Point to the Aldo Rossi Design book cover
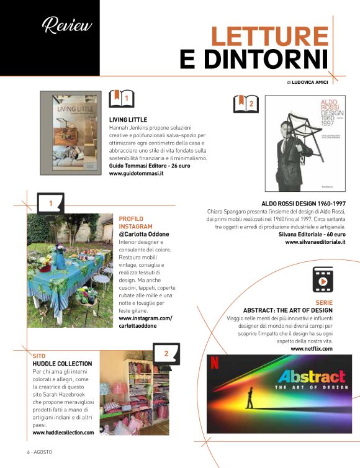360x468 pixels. [305, 143]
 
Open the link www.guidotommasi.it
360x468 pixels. [136, 174]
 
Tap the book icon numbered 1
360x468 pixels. [122, 98]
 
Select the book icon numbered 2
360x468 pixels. [246, 104]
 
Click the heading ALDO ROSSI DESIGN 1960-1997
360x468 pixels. [304, 204]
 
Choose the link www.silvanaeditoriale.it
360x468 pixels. [315, 242]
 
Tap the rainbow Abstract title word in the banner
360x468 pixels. [311, 376]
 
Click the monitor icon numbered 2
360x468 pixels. [166, 354]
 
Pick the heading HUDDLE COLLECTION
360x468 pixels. [62, 364]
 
